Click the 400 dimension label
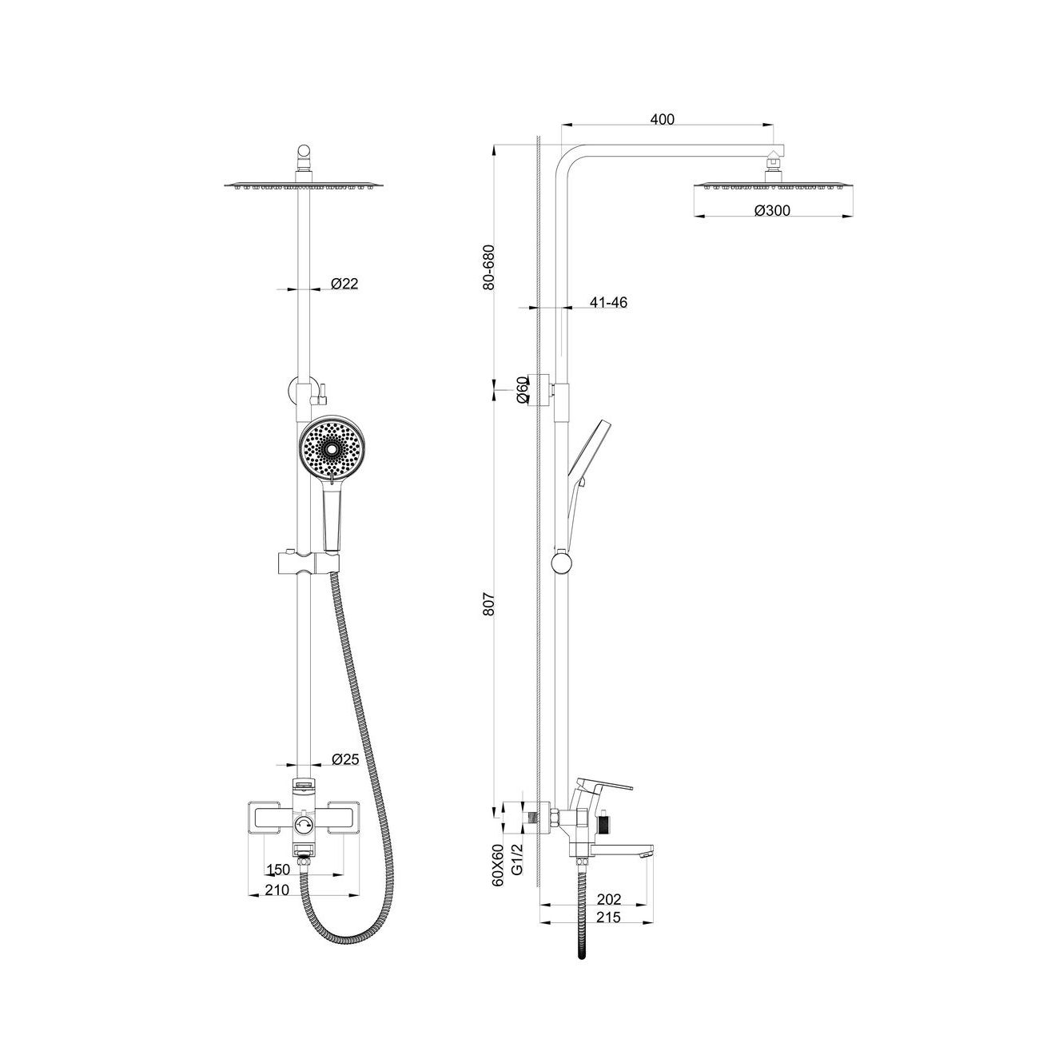point(662,119)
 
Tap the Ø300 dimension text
point(771,210)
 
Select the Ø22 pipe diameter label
point(344,283)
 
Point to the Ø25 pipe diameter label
point(345,759)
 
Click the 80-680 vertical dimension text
point(488,268)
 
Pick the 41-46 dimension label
point(608,302)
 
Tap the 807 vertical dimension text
point(488,604)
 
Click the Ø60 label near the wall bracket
point(521,390)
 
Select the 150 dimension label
point(279,870)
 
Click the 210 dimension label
point(277,890)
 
